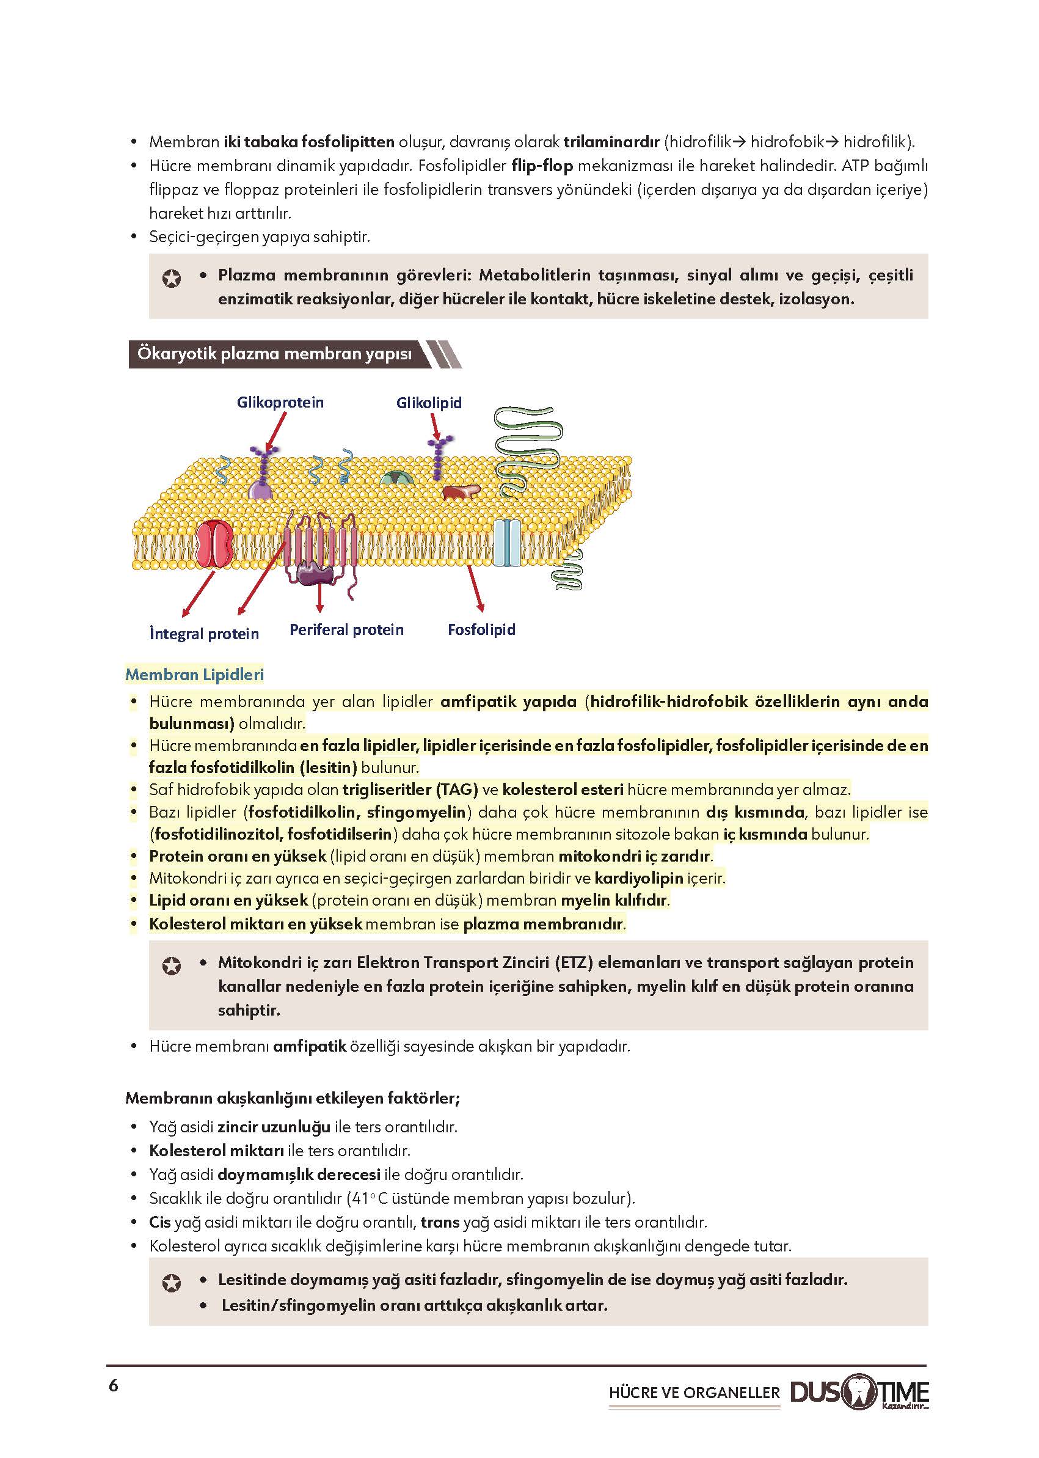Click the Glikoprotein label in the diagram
tap(280, 403)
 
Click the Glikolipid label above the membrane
tap(429, 403)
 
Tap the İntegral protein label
tap(204, 634)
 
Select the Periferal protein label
tap(347, 630)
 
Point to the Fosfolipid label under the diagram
tap(481, 630)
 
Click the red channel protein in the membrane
tap(215, 543)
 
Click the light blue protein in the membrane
tap(507, 542)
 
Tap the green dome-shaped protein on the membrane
tap(396, 477)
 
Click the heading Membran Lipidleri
tap(194, 675)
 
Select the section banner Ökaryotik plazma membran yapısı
tap(275, 354)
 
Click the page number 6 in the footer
tap(114, 1386)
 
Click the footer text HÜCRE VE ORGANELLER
tap(694, 1393)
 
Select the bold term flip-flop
tap(542, 166)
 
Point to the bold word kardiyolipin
tap(638, 878)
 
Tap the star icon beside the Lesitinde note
tap(172, 1283)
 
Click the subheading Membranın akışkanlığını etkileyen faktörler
tap(293, 1098)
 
